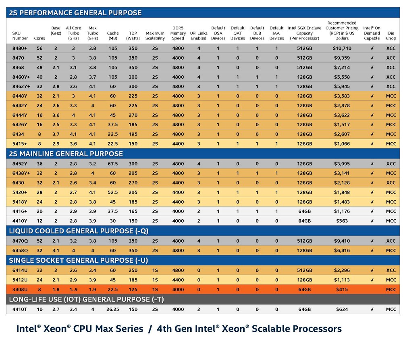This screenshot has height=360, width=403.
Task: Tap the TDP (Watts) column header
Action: tap(133, 36)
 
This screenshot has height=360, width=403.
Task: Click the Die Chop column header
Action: tap(391, 36)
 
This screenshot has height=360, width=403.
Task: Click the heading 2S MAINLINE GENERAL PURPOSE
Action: tap(65, 154)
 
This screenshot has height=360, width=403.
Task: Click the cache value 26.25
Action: tap(112, 310)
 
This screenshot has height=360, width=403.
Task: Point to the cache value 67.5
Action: tap(112, 164)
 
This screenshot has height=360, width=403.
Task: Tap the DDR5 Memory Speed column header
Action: tap(178, 33)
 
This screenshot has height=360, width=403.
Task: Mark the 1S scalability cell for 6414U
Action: tap(155, 271)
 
